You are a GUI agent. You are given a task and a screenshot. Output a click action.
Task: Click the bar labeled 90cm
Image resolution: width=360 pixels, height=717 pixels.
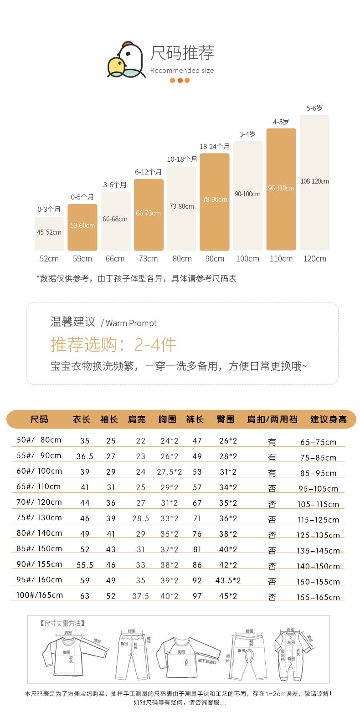[x=215, y=202]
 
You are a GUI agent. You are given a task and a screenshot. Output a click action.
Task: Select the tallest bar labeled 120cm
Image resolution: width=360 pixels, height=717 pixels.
[x=314, y=182]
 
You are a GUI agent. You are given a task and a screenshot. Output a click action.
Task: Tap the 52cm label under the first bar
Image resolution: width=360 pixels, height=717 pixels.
[x=49, y=259]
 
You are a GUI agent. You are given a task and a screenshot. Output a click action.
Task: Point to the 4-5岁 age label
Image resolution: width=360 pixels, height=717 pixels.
[x=281, y=122]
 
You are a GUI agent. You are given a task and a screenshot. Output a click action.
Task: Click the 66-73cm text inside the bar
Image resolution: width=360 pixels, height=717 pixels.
[x=148, y=213]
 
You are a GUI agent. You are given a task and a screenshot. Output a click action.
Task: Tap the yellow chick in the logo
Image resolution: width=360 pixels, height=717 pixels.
[x=116, y=67]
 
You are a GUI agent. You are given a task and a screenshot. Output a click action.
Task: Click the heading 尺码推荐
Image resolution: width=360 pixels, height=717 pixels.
[x=182, y=53]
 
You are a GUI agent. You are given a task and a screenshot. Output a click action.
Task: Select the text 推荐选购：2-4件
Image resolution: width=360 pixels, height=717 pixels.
[x=113, y=345]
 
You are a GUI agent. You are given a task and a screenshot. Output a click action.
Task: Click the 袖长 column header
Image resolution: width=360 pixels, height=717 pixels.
[x=109, y=419]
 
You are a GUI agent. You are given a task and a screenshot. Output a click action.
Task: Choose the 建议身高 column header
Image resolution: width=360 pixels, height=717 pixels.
[x=329, y=419]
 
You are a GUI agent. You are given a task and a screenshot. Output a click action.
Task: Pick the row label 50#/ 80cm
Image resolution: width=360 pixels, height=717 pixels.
[x=39, y=440]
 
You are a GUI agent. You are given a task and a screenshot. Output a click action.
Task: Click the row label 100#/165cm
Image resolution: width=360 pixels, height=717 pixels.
[x=40, y=595]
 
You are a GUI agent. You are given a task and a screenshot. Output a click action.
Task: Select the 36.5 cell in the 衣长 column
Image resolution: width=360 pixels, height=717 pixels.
[x=85, y=456]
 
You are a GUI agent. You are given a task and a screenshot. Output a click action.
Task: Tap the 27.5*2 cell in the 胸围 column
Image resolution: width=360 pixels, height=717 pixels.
[x=170, y=472]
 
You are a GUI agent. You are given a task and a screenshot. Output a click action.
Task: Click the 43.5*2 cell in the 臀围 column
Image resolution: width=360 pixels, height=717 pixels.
[x=228, y=580]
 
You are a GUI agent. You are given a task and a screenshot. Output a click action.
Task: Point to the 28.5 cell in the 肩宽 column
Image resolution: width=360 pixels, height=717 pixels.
[x=141, y=518]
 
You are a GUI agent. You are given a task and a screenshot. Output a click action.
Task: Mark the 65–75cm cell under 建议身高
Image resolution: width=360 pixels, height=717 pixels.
[x=318, y=442]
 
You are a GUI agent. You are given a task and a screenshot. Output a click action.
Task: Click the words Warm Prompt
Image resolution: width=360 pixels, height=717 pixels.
[x=131, y=323]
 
